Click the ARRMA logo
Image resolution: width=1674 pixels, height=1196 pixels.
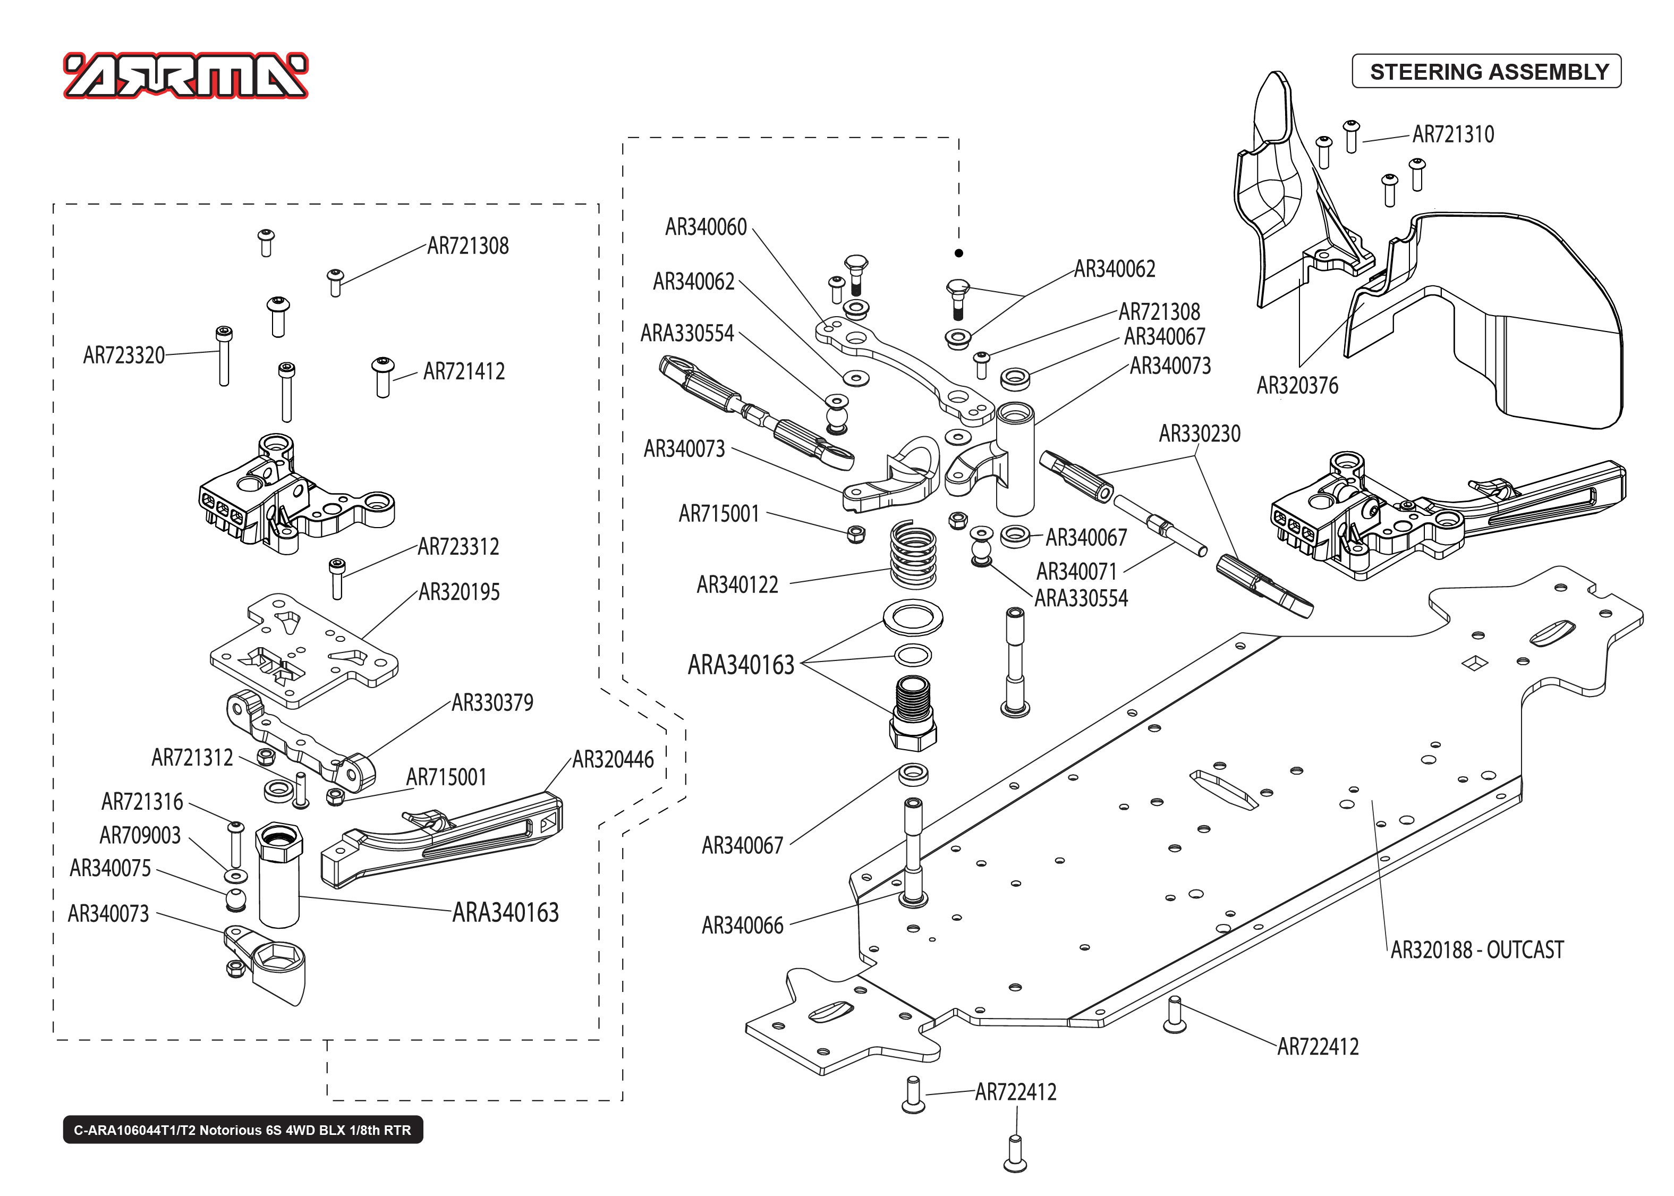tap(185, 76)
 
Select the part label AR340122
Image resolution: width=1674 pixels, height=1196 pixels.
tap(737, 585)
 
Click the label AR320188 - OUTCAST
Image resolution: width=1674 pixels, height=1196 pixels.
tap(1477, 950)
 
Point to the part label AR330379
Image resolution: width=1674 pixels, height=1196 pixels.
tap(492, 702)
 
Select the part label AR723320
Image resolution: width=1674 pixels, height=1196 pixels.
tap(124, 355)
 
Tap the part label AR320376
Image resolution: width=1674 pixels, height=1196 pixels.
tap(1297, 385)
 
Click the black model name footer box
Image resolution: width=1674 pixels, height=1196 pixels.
tap(243, 1130)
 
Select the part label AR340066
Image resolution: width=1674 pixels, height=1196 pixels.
tap(742, 925)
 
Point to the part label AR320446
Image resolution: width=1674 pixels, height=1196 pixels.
tap(613, 759)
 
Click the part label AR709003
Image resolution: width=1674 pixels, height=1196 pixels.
tap(140, 835)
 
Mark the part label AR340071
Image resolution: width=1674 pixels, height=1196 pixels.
tap(1076, 572)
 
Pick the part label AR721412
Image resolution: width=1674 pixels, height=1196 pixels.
tap(464, 371)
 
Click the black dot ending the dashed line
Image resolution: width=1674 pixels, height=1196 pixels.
tap(958, 253)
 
